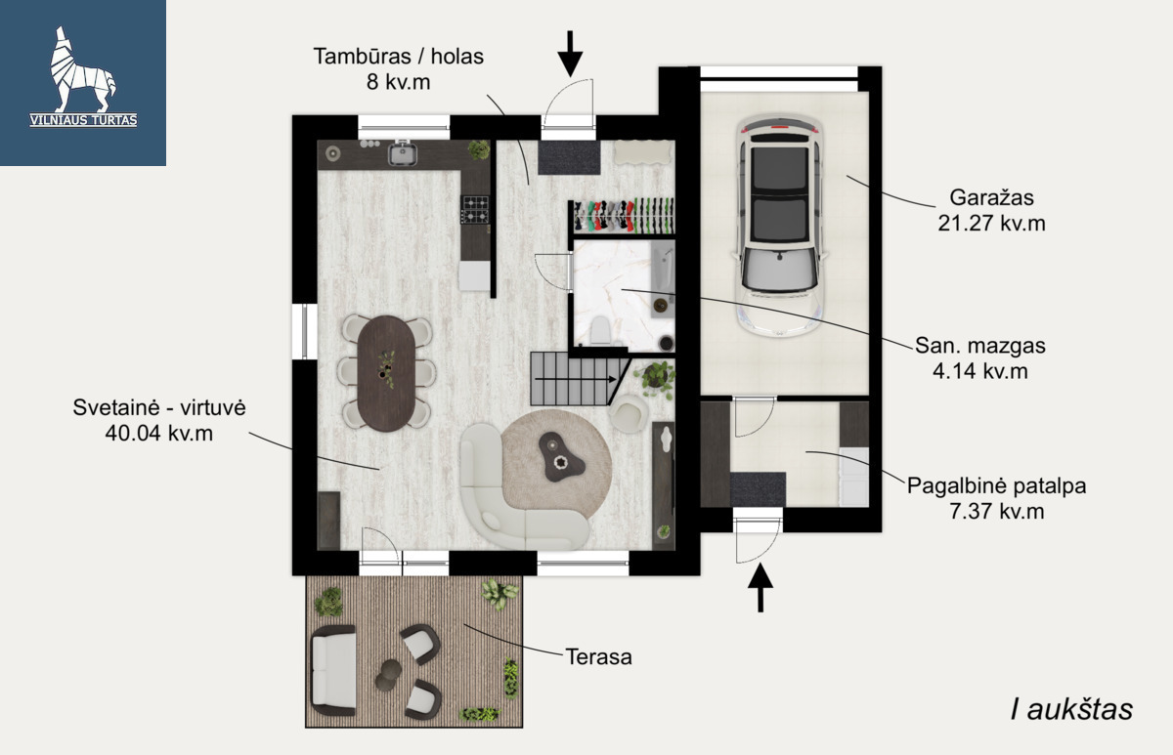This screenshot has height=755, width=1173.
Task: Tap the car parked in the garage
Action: pyautogui.click(x=780, y=226)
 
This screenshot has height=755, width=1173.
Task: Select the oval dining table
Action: pyautogui.click(x=387, y=373)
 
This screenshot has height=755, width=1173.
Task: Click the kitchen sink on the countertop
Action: pyautogui.click(x=402, y=152)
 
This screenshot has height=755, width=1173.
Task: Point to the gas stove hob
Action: pyautogui.click(x=475, y=209)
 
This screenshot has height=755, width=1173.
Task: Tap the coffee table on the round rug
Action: pyautogui.click(x=561, y=457)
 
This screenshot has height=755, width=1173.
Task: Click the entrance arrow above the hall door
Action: pyautogui.click(x=570, y=54)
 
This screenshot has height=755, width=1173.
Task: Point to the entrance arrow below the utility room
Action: pyautogui.click(x=760, y=587)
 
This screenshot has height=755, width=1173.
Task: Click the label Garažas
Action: pyautogui.click(x=992, y=197)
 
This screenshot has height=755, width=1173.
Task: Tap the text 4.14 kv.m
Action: pyautogui.click(x=980, y=371)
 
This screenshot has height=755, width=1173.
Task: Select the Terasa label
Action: pyautogui.click(x=599, y=657)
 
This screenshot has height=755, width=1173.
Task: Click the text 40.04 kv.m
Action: pyautogui.click(x=159, y=434)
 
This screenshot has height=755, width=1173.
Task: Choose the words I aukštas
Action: pyautogui.click(x=1072, y=709)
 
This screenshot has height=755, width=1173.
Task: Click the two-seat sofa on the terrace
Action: pyautogui.click(x=333, y=671)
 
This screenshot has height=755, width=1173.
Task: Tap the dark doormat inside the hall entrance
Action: pyautogui.click(x=569, y=157)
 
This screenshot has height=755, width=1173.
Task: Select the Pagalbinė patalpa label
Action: pyautogui.click(x=997, y=486)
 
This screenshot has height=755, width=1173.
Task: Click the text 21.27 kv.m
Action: pyautogui.click(x=992, y=224)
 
